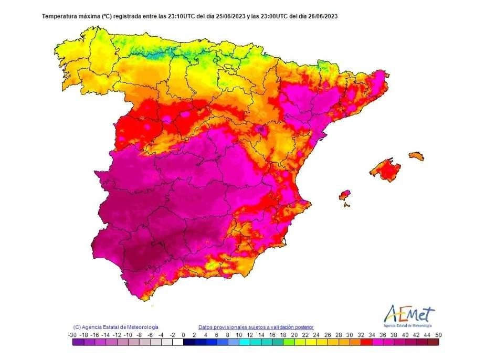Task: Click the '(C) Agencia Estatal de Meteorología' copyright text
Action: pos(115,326)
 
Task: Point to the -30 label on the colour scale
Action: pos(72,334)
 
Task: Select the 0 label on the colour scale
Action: pos(183,334)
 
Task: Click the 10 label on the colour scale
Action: pos(238,334)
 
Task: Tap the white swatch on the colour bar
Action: pos(178,342)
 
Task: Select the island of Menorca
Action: pos(416,155)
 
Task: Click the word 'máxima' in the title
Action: pos(87,16)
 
